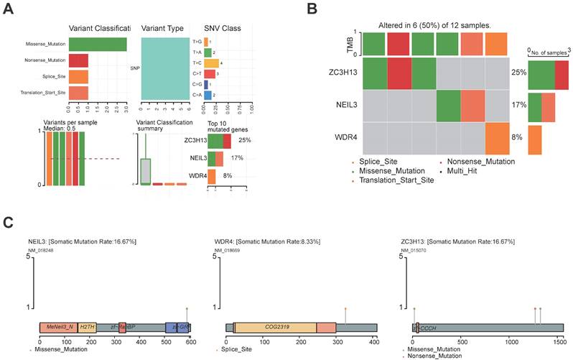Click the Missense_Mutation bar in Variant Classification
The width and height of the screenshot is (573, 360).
[98, 44]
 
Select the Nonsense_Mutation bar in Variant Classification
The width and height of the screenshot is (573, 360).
[79, 60]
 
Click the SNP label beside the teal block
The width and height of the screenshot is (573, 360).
[134, 69]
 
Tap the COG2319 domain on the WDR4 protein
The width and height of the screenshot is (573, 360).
[275, 327]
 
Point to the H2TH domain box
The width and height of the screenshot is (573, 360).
[87, 327]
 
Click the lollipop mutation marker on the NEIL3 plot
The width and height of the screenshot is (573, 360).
[187, 308]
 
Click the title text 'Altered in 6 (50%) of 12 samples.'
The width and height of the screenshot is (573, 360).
[434, 26]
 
